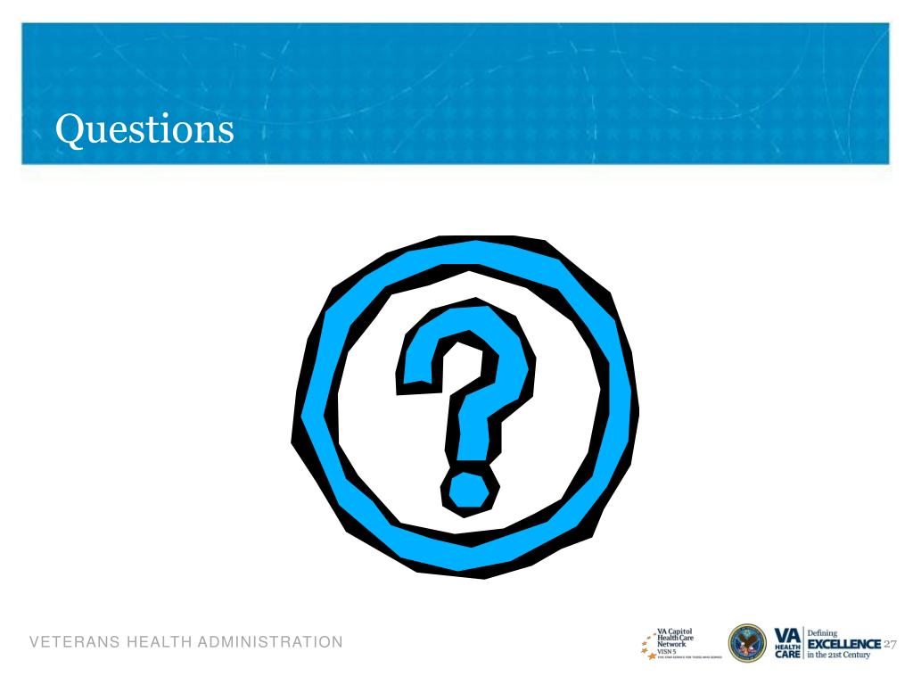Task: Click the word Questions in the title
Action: coord(144,131)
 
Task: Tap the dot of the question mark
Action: coord(466,489)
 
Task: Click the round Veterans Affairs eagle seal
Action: coord(747,642)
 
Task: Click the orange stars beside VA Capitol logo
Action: coord(648,645)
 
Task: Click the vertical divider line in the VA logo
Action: coord(802,643)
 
